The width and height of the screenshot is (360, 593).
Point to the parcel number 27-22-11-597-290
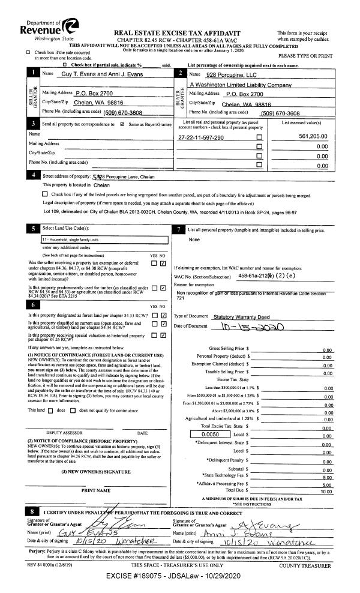(x=201, y=138)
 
